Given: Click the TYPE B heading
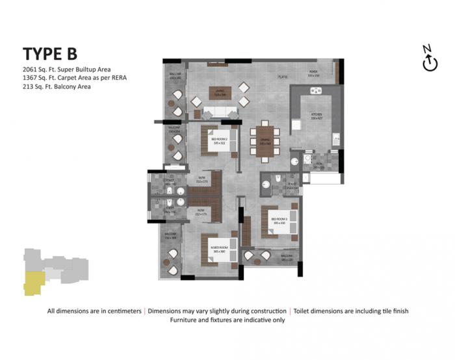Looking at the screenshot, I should tap(49, 53).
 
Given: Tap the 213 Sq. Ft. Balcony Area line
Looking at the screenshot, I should tap(55, 86).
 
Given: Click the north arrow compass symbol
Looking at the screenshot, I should tap(427, 59).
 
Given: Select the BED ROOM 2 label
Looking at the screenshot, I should tap(218, 139).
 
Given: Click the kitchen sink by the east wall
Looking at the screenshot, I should tap(335, 138).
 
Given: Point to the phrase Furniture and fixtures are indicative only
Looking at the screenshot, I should tap(227, 320).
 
